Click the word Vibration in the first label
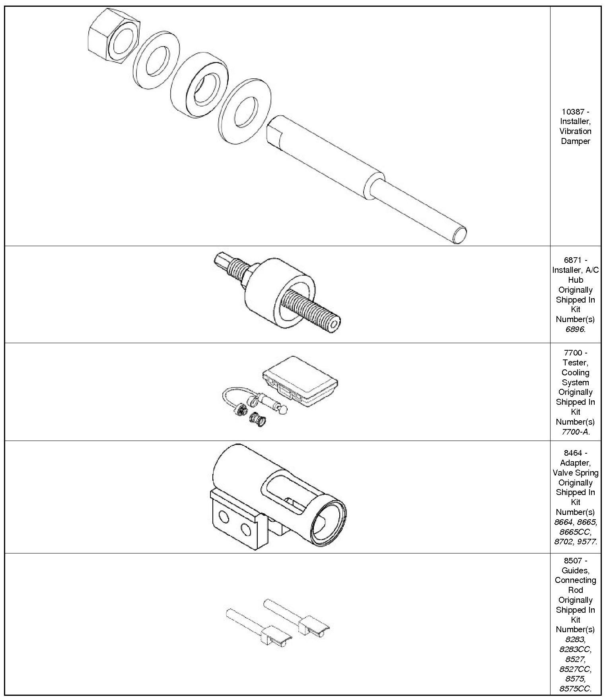(x=575, y=131)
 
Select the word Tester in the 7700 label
(x=575, y=363)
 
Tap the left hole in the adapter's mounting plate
(x=224, y=518)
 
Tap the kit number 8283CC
(x=575, y=649)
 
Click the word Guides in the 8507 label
(x=575, y=570)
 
